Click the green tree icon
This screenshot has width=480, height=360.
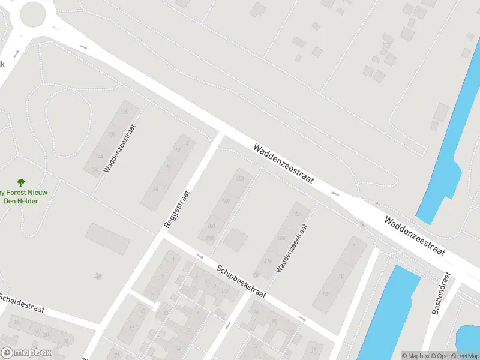pos(22,181)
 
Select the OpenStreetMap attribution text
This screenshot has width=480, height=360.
pos(455,356)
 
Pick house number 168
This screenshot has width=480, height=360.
pos(226,201)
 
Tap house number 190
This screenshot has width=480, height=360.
pos(210,239)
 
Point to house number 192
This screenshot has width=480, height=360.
pos(295,214)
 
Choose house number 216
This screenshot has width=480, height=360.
pos(266,260)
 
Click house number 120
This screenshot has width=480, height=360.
pos(125,112)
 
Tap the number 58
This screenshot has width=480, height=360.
pos(98,276)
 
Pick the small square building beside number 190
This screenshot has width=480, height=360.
pos(236,239)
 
